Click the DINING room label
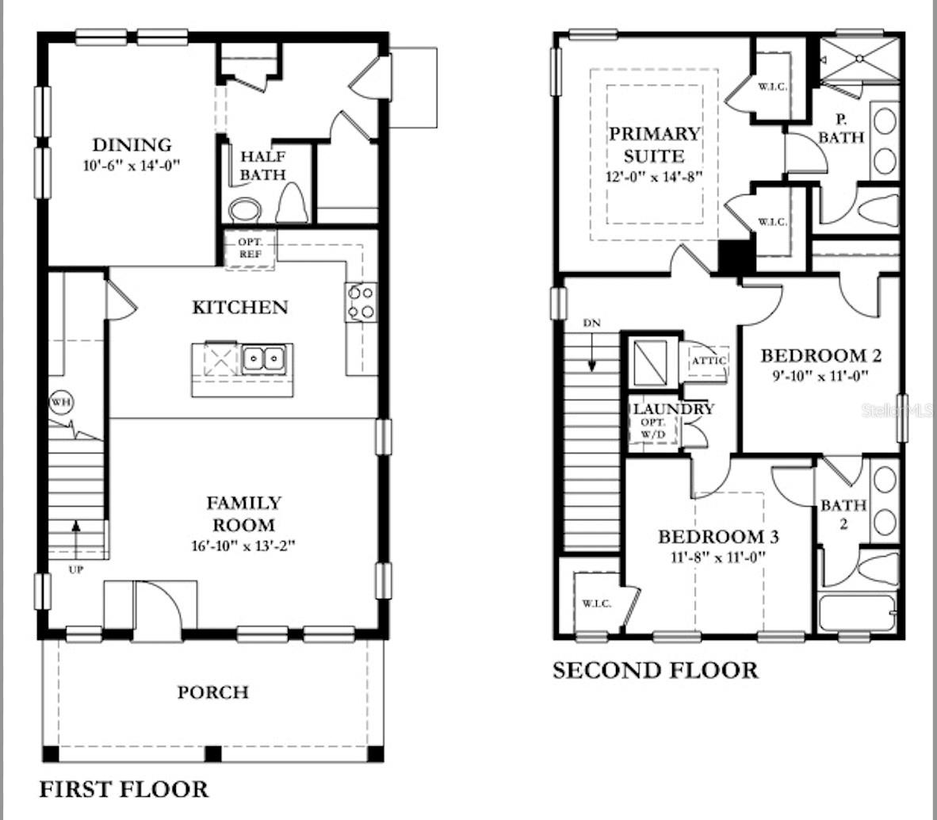pyautogui.click(x=132, y=145)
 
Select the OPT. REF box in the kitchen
pyautogui.click(x=250, y=248)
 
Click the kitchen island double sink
pyautogui.click(x=265, y=360)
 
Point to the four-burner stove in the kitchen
pyautogui.click(x=361, y=302)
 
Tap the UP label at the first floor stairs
pyautogui.click(x=76, y=569)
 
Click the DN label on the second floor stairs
pyautogui.click(x=591, y=324)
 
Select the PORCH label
pyautogui.click(x=212, y=692)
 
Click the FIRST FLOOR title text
pyautogui.click(x=124, y=789)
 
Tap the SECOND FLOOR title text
pyautogui.click(x=655, y=670)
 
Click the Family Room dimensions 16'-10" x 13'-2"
pyautogui.click(x=243, y=546)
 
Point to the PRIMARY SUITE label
pyautogui.click(x=655, y=144)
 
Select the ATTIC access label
pyautogui.click(x=708, y=361)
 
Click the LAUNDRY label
pyautogui.click(x=673, y=409)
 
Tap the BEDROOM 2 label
pyautogui.click(x=820, y=355)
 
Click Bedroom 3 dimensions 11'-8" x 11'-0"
pyautogui.click(x=718, y=557)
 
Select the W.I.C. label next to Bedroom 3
pyautogui.click(x=596, y=604)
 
